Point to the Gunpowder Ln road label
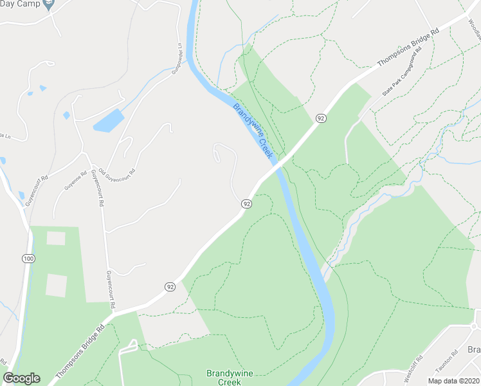click(x=176, y=59)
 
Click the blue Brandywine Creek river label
click(x=253, y=131)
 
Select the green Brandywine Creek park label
click(x=224, y=377)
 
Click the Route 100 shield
click(x=28, y=259)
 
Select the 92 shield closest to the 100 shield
click(x=170, y=286)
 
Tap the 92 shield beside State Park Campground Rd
click(x=321, y=118)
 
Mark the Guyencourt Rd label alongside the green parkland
click(x=110, y=289)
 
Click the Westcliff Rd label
click(x=413, y=369)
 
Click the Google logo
click(x=21, y=378)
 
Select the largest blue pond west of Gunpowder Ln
click(x=108, y=120)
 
